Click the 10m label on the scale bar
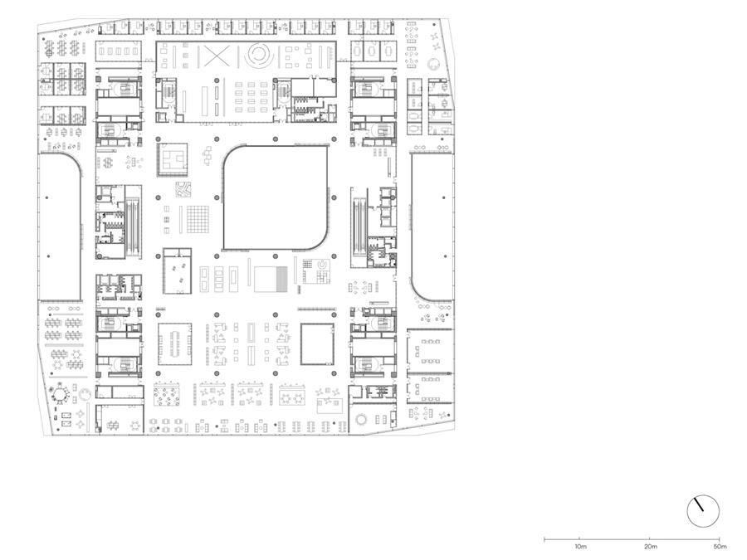[580, 547]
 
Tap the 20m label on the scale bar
[650, 547]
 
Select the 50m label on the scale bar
[720, 547]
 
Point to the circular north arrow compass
[703, 511]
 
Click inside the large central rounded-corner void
[276, 197]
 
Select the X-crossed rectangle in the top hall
[217, 56]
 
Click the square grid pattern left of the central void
[198, 219]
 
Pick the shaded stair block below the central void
[271, 279]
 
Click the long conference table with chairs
[175, 343]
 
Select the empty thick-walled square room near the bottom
[317, 343]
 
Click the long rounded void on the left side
[60, 226]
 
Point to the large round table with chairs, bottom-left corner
[60, 394]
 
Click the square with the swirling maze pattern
[183, 189]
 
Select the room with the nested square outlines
[173, 159]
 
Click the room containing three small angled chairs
[178, 270]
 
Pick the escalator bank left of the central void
[133, 222]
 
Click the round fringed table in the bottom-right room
[361, 419]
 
